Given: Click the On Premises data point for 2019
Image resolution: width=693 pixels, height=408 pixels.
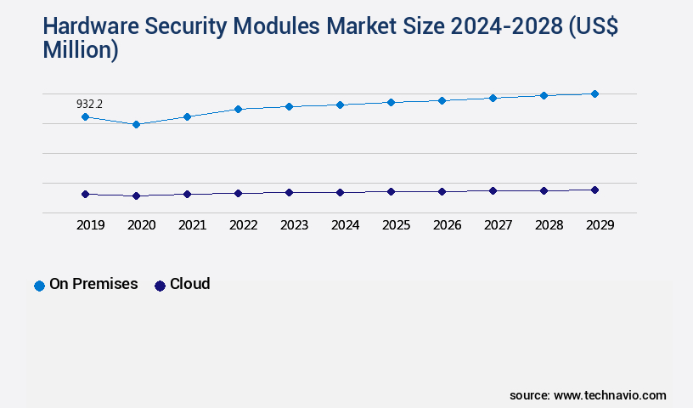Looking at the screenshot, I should click(x=85, y=116).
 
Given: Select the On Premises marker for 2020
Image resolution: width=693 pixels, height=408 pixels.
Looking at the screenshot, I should click(x=136, y=124).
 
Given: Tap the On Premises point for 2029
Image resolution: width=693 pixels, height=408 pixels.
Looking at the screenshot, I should click(x=594, y=93).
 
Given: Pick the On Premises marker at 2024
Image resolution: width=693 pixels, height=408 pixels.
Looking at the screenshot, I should click(x=340, y=105).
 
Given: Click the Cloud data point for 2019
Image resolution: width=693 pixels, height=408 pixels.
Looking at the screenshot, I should click(x=85, y=194).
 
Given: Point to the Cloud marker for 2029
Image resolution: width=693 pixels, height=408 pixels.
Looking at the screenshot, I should click(x=594, y=190).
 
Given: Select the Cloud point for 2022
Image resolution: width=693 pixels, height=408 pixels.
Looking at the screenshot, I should click(x=238, y=193).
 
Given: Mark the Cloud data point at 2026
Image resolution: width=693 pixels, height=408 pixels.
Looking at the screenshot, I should click(x=442, y=191).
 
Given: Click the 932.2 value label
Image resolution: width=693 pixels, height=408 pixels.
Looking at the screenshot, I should click(x=89, y=104).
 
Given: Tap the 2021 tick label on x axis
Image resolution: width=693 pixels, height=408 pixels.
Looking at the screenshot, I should click(x=192, y=225).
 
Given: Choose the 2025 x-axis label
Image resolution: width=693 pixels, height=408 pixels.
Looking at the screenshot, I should click(x=396, y=225).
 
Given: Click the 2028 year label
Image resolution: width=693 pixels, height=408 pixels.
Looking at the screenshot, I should click(x=549, y=225).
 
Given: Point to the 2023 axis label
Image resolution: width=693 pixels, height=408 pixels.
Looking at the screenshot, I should click(x=294, y=225).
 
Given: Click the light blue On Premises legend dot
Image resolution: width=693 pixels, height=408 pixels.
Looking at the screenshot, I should click(x=39, y=286).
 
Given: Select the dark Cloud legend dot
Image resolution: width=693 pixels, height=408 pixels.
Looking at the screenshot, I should click(x=160, y=286).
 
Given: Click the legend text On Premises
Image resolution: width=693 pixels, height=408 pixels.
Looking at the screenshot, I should click(x=93, y=284).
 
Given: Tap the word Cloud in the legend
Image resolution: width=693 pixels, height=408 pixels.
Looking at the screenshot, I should click(x=189, y=284).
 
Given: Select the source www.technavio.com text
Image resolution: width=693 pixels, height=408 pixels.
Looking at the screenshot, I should click(x=588, y=395).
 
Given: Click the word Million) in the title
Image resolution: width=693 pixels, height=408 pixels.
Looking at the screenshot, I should click(x=81, y=50).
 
